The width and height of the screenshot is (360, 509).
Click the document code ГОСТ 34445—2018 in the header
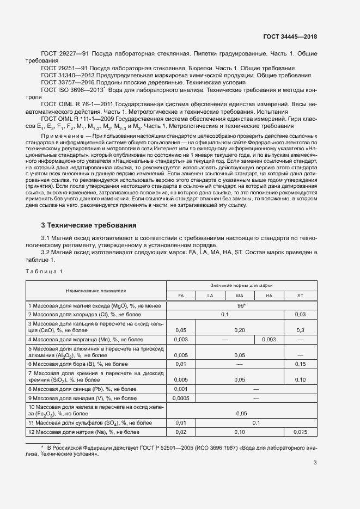291,36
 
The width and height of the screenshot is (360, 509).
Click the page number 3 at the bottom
315,463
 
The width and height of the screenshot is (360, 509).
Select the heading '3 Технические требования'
89,225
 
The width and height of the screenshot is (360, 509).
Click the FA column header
181,296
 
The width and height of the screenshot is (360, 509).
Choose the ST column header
300,296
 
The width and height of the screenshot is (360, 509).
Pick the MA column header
239,296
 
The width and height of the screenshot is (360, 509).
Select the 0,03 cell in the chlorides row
300,315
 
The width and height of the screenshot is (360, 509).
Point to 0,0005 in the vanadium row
181,398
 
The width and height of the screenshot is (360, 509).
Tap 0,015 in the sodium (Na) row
300,432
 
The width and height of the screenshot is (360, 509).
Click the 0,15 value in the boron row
300,363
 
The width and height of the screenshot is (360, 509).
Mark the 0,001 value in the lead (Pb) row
181,389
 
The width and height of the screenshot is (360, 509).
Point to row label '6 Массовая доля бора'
77,363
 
